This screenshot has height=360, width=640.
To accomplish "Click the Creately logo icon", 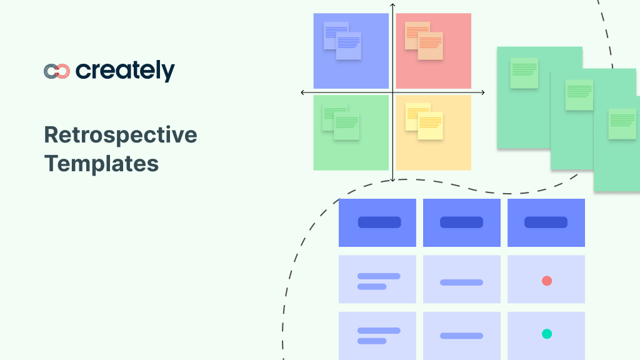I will click(x=56, y=71).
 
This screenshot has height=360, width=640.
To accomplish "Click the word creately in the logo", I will click(x=125, y=71).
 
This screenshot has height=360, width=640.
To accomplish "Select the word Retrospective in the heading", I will click(x=121, y=135).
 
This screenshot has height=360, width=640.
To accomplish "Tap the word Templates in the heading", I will click(x=101, y=164).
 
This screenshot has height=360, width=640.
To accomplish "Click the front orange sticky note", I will click(x=431, y=46).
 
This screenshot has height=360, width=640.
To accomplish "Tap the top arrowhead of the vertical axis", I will click(x=392, y=5).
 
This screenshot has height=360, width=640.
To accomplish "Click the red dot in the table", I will click(x=547, y=281).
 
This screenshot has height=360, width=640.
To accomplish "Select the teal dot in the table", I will click(x=547, y=334).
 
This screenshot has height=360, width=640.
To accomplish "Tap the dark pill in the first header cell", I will click(x=379, y=222).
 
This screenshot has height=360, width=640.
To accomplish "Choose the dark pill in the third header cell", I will click(x=546, y=222).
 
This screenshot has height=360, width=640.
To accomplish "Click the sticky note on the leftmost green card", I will click(x=524, y=73).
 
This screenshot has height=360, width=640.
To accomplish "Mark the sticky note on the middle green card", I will click(x=579, y=95).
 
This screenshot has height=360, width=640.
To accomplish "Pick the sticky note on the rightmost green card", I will click(x=622, y=124).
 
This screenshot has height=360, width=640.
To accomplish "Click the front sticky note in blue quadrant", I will click(x=349, y=46).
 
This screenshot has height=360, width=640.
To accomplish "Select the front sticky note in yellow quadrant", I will click(x=431, y=126).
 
